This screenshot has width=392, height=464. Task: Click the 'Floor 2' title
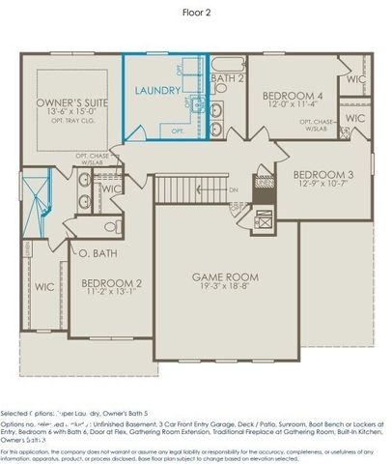(x=195, y=13)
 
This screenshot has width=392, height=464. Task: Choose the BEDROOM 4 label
(x=293, y=96)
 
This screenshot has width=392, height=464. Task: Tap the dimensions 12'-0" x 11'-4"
(x=293, y=106)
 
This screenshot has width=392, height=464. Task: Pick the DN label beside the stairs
(x=233, y=189)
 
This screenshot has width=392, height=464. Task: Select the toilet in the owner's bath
(x=109, y=228)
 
